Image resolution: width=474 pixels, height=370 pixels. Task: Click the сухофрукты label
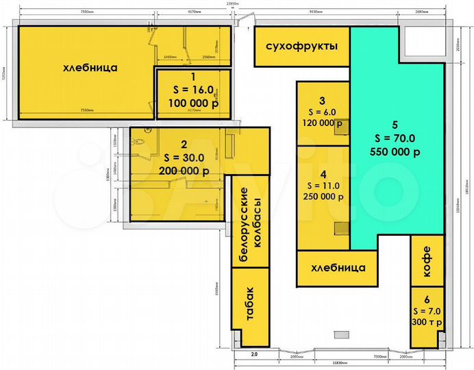coord(301,47)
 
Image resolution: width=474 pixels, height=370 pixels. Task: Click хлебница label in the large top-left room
coord(90,68)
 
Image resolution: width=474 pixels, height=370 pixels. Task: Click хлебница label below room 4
coord(338,268)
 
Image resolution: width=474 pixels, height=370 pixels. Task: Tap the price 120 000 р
coord(322,123)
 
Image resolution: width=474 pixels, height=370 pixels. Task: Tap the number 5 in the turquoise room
coord(395,125)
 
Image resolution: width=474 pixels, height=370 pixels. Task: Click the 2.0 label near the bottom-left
coord(253,354)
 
